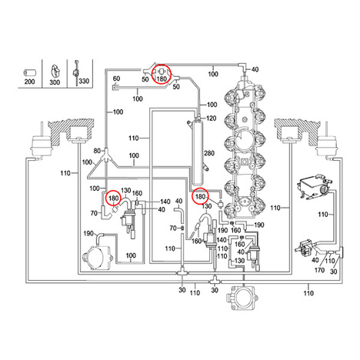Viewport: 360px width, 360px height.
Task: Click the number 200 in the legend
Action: [x=29, y=82]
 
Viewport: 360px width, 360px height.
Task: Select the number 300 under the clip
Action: [x=55, y=82]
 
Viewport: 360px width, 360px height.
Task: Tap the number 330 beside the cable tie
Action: [x=84, y=81]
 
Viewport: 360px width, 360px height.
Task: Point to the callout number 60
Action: [x=116, y=78]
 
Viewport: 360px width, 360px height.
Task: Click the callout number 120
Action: [x=212, y=118]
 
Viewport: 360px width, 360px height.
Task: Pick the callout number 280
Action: [x=209, y=153]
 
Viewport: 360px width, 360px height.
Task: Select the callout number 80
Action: [x=97, y=151]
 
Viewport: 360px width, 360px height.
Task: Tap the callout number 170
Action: [x=319, y=270]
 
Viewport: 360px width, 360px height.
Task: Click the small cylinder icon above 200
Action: [x=29, y=73]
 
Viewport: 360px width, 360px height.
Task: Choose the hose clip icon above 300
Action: [x=55, y=71]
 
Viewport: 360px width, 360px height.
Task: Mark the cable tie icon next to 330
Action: [x=76, y=73]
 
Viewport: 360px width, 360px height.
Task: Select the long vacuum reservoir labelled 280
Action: [x=198, y=152]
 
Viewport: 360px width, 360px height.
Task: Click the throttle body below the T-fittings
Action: [x=242, y=297]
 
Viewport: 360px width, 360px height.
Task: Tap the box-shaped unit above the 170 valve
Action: [x=312, y=187]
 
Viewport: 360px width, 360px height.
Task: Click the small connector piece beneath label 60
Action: [x=116, y=88]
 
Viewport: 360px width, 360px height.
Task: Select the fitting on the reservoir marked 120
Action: [x=198, y=118]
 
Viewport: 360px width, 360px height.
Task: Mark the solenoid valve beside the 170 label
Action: [x=305, y=248]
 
